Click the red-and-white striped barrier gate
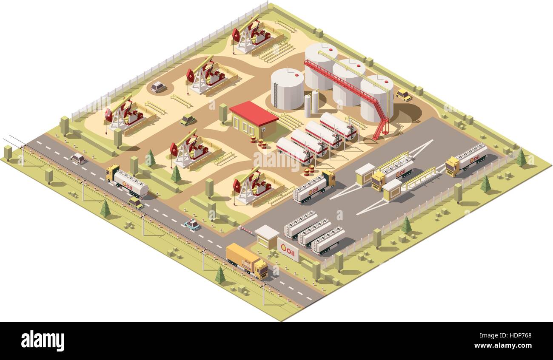(246, 230)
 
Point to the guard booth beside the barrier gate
(266, 236)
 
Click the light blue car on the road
(192, 224)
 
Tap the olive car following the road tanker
(136, 203)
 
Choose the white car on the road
(78, 159)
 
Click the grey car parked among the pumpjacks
(158, 87)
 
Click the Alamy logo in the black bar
(43, 341)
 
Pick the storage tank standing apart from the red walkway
(287, 88)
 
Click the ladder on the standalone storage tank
(275, 96)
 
